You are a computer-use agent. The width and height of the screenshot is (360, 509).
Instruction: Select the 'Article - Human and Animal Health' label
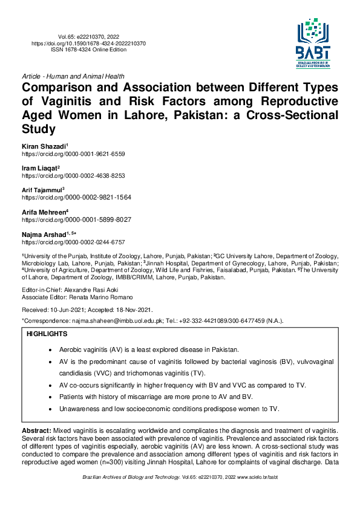coord(73,77)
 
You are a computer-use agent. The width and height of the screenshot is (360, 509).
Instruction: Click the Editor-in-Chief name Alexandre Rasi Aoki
coord(91,291)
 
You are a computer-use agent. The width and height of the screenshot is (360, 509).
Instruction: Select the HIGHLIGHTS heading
coord(47,334)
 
